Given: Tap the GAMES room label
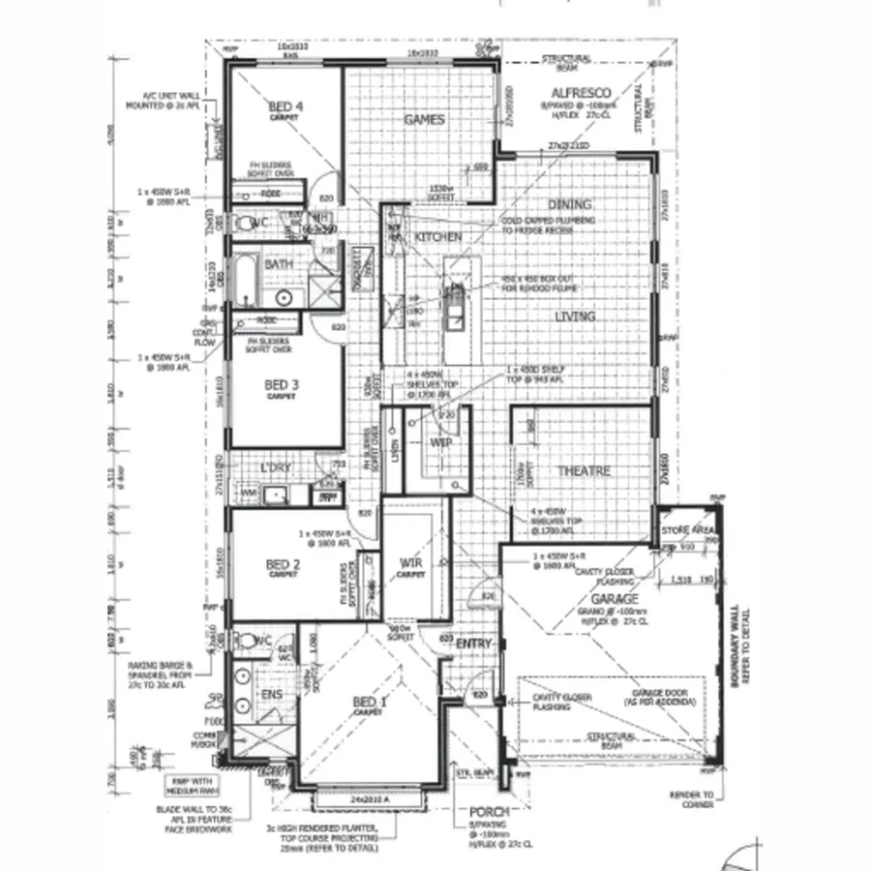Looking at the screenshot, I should click(424, 120).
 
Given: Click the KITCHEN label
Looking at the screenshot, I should click(438, 237).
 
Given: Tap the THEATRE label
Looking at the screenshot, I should click(584, 471).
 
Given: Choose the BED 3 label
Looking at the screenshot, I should click(282, 385).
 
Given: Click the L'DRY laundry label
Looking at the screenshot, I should click(276, 469).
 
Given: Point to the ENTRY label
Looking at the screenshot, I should click(474, 645).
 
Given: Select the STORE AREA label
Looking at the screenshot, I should click(687, 532).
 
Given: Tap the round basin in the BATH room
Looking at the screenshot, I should click(284, 298).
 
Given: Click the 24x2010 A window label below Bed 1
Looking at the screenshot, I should click(371, 800).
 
